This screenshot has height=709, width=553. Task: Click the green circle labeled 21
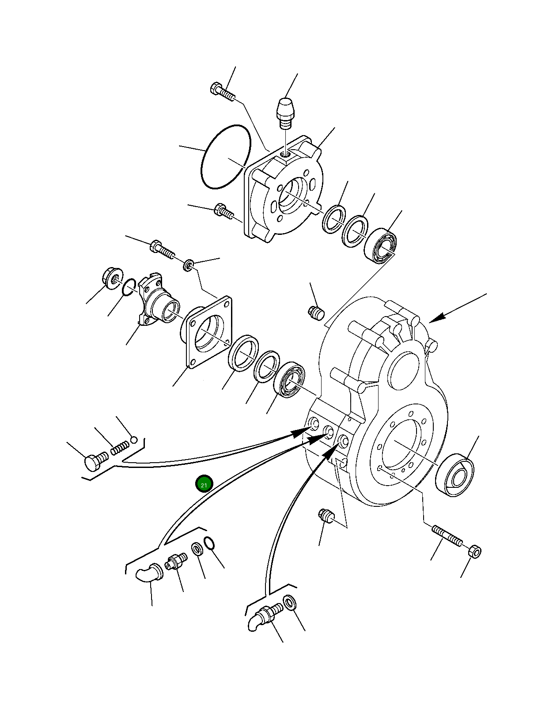(x=204, y=484)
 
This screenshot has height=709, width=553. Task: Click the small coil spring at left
(x=120, y=448)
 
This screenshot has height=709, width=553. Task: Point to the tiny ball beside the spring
(x=134, y=439)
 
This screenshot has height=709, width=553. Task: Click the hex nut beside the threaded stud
(x=474, y=551)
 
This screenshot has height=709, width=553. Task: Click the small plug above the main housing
(x=316, y=313)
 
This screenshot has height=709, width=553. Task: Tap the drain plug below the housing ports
(x=327, y=515)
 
